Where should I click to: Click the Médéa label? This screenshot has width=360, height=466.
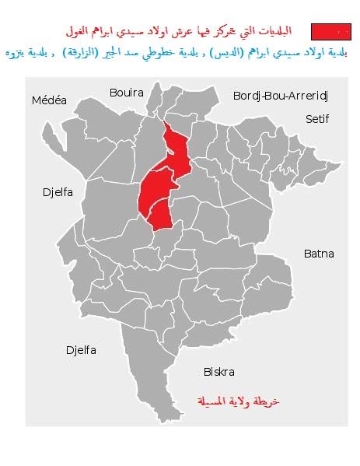49,100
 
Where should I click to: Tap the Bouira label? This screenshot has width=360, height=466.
126,92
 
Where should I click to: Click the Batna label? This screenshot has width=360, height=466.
319,254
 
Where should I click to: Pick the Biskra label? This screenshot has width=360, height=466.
218,372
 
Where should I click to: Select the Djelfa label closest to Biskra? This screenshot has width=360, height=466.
80,350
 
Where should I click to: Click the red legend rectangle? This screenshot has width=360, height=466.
330,32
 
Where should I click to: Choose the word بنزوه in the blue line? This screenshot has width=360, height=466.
21,52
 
